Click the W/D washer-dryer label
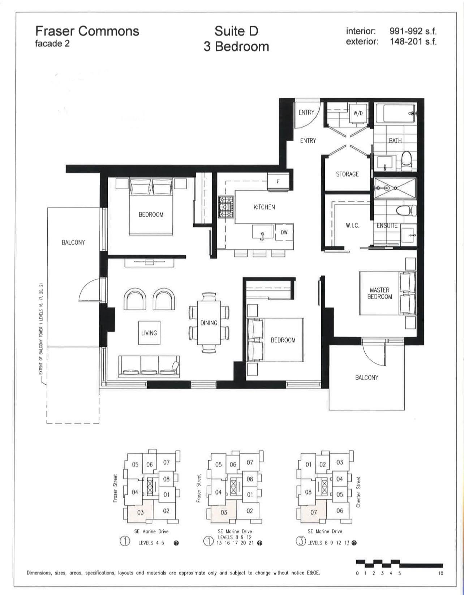pyautogui.click(x=358, y=113)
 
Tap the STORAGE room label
pyautogui.click(x=347, y=174)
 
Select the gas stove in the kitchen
pyautogui.click(x=226, y=207)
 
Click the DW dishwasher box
pyautogui.click(x=284, y=232)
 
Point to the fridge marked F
pyautogui.click(x=278, y=181)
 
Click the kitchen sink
pyautogui.click(x=262, y=232)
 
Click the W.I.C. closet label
pyautogui.click(x=352, y=226)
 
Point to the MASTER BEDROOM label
pyautogui.click(x=379, y=293)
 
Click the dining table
pyautogui.click(x=209, y=323)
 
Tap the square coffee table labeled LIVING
pyautogui.click(x=149, y=333)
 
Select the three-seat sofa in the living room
pyautogui.click(x=149, y=367)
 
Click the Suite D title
pyautogui.click(x=236, y=31)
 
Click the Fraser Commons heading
pyautogui.click(x=87, y=31)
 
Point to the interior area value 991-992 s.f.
pyautogui.click(x=413, y=31)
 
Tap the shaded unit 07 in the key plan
pyautogui.click(x=313, y=512)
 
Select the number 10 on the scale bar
pyautogui.click(x=440, y=573)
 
